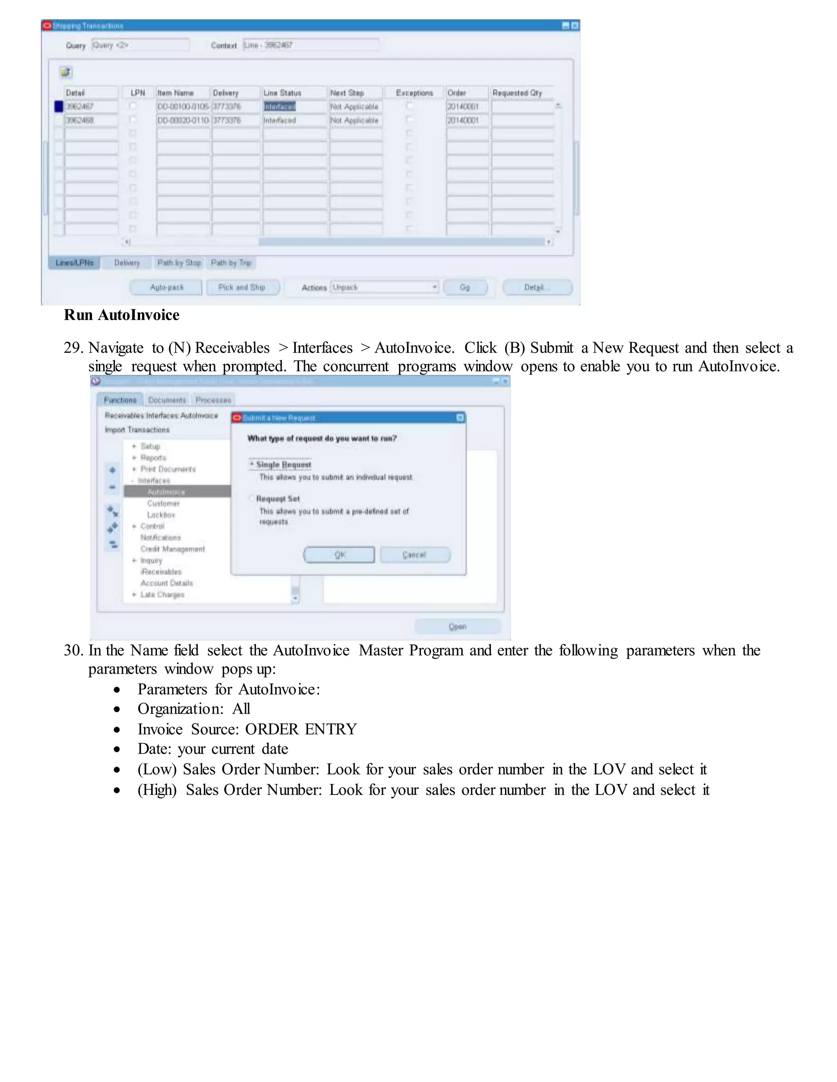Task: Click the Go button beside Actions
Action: (465, 287)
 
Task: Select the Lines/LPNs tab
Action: (74, 263)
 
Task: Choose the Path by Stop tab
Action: (179, 263)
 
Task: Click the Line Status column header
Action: (282, 93)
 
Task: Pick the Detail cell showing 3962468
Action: (91, 120)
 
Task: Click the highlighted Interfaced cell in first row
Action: (280, 107)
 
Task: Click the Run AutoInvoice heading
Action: (121, 315)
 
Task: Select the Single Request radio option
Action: (252, 464)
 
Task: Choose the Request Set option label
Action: (278, 499)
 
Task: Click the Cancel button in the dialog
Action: (414, 555)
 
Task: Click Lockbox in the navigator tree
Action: (161, 515)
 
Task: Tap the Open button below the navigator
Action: (457, 626)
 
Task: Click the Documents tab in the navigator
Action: (167, 400)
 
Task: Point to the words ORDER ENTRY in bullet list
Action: (301, 729)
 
